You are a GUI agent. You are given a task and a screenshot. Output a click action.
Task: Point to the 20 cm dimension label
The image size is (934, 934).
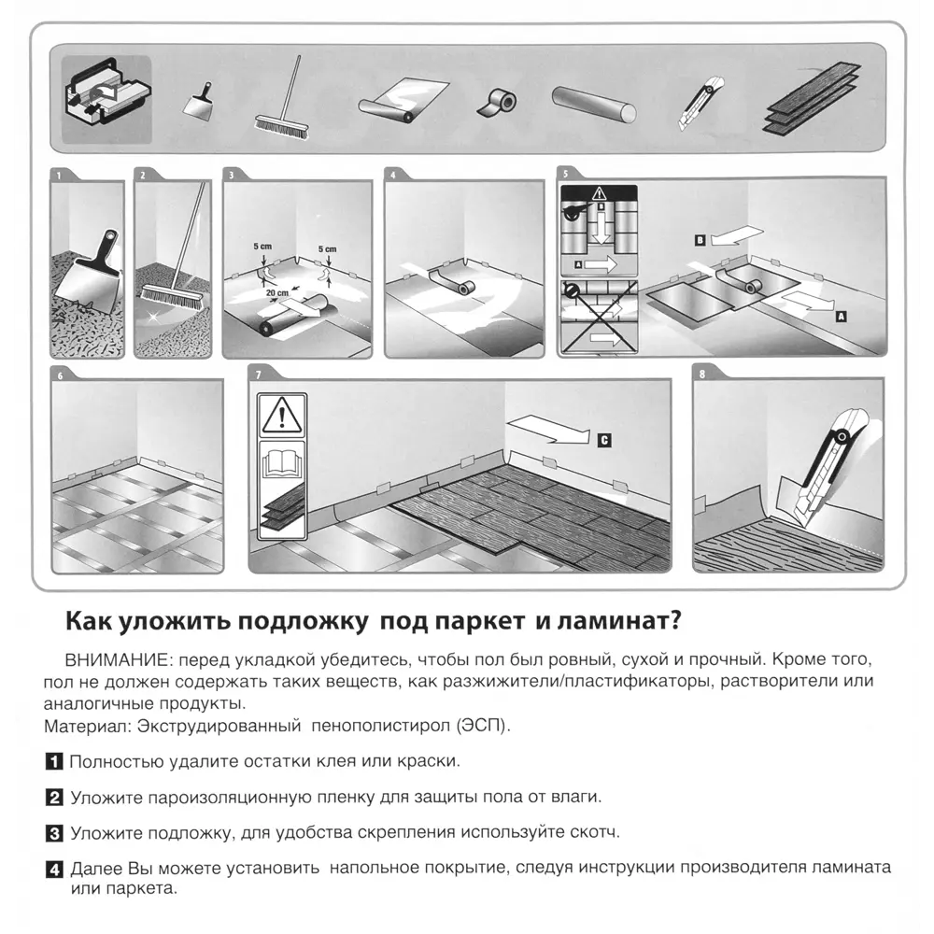click(x=276, y=293)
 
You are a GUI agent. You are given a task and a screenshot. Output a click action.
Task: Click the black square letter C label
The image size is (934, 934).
click(x=604, y=438)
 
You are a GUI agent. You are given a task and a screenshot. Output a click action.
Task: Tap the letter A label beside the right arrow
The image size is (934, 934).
click(x=841, y=318)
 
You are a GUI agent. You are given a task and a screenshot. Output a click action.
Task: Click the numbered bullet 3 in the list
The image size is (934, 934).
click(x=54, y=831)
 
